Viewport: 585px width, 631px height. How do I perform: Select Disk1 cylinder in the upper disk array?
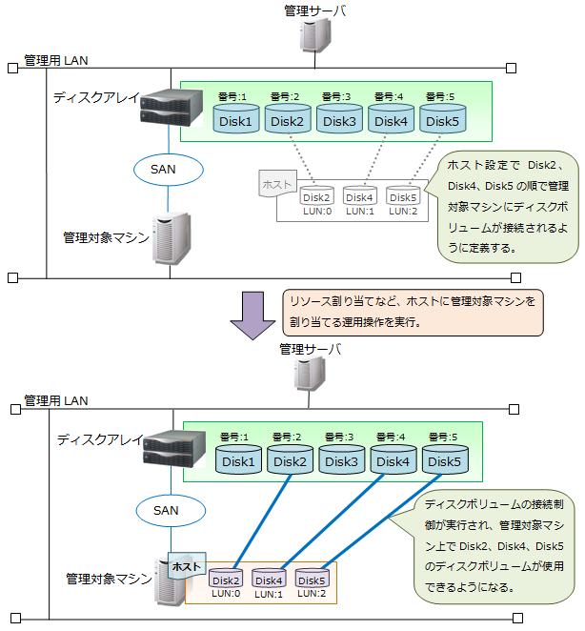coord(235,120)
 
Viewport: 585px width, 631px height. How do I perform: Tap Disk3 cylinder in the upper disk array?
coord(338,120)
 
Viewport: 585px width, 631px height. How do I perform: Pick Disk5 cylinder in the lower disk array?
coord(445,461)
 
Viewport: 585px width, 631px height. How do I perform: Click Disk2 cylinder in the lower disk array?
coord(291,461)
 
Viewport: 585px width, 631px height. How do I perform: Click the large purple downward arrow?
coord(253,313)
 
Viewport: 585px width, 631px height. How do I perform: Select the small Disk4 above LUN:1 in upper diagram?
coord(359,196)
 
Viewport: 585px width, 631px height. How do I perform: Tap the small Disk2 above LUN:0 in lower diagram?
coord(226,580)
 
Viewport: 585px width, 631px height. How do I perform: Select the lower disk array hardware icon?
coord(173,449)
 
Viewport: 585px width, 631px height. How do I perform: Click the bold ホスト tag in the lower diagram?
coord(187,566)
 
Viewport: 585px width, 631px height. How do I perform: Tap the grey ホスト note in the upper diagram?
coord(277,181)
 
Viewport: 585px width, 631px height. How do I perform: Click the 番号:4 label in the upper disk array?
coord(388,96)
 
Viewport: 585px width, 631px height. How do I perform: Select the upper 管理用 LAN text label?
coord(56,60)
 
